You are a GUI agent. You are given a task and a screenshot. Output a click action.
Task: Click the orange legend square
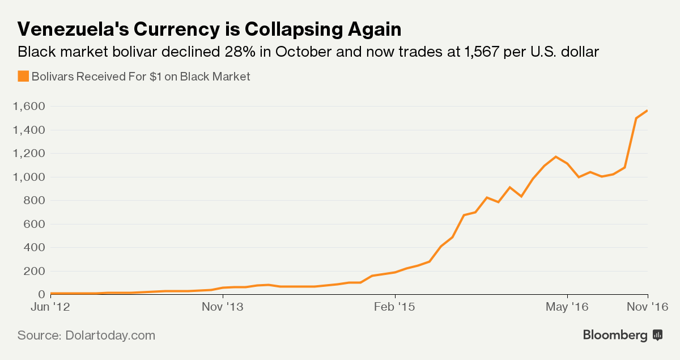coord(23,76)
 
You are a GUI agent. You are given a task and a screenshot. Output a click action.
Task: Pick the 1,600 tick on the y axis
coord(28,107)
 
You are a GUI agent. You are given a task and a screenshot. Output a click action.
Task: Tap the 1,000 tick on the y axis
coord(28,177)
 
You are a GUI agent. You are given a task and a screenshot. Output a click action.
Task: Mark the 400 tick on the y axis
coord(33,248)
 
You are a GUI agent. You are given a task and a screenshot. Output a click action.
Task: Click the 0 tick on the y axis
coord(41,294)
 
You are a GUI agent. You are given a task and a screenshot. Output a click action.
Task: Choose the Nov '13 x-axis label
coord(223,307)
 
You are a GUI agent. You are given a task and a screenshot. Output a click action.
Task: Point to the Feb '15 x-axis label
coord(395,307)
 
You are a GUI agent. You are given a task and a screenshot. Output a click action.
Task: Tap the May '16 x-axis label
coord(567,307)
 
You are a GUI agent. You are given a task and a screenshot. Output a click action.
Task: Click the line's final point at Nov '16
coord(647,111)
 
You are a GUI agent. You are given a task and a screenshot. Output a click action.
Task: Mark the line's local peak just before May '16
coord(556,156)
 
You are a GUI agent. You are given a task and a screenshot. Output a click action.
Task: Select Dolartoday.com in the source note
coord(109,335)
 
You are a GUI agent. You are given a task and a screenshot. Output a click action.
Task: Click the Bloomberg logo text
coord(615,335)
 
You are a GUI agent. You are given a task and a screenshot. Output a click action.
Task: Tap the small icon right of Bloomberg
coord(658,335)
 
